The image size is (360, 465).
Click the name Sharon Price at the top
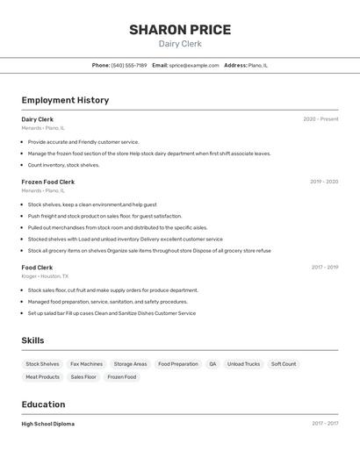(180, 30)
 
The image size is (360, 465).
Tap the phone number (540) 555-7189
(129, 65)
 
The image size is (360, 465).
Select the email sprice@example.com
(194, 65)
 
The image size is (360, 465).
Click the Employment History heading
(65, 100)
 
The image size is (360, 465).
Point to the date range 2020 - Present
(320, 119)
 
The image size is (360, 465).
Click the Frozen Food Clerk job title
(48, 182)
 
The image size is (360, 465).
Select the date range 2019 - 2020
(324, 182)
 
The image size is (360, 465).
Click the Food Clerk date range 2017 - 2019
(324, 268)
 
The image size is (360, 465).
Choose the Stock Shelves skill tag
(42, 364)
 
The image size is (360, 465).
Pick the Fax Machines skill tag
(86, 364)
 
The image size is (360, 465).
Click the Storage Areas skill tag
(130, 364)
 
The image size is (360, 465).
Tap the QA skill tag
(212, 364)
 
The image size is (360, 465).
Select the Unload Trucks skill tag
(243, 364)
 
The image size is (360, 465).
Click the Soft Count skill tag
(284, 364)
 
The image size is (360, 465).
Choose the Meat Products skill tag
(42, 377)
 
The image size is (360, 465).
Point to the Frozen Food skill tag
(122, 377)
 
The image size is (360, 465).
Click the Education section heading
(43, 404)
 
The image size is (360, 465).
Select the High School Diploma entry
(48, 424)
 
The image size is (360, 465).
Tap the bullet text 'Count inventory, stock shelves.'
(63, 165)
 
